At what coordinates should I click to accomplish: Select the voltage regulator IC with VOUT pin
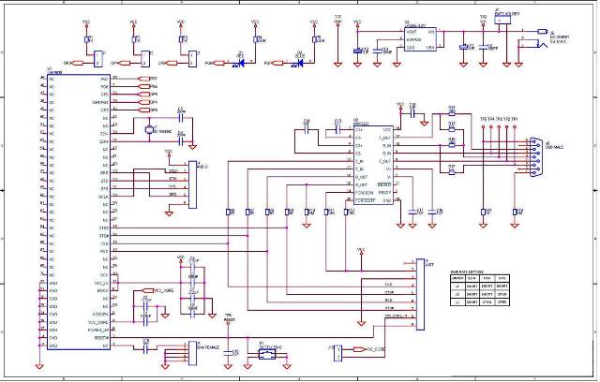pos(419,39)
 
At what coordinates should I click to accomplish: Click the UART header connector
pos(419,295)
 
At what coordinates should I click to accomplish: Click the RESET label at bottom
pos(228,319)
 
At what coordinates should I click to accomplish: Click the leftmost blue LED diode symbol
pos(241,62)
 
